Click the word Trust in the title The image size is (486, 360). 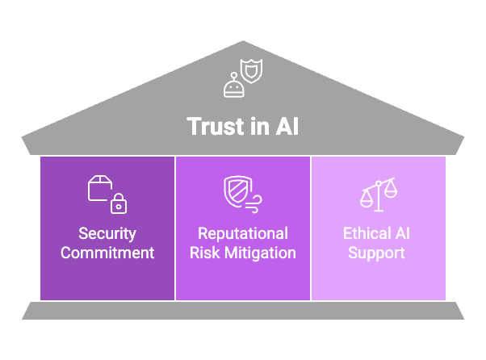pyautogui.click(x=212, y=127)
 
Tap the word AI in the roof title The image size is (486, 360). pyautogui.click(x=285, y=127)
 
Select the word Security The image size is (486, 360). pyautogui.click(x=107, y=234)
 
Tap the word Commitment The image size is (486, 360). pyautogui.click(x=107, y=253)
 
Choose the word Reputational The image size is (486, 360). pyautogui.click(x=243, y=234)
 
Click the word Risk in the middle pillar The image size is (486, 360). pyautogui.click(x=205, y=253)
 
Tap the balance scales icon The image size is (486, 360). pyautogui.click(x=379, y=194)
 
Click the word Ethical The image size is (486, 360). pyautogui.click(x=367, y=234)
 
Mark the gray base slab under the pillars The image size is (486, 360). pyautogui.click(x=243, y=310)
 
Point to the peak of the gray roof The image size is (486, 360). pyautogui.click(x=243, y=43)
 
